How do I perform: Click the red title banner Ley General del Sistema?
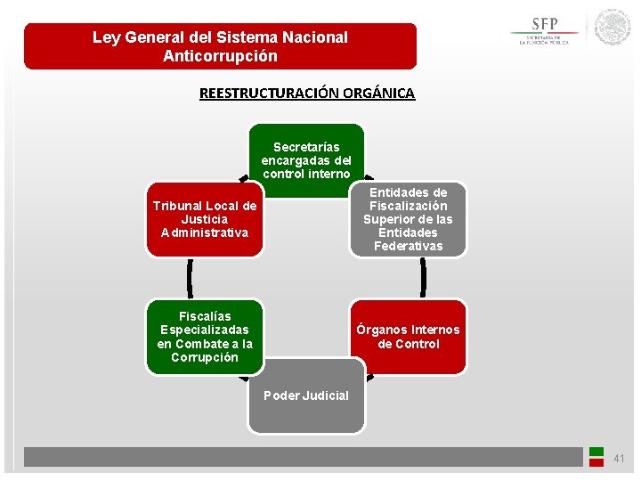click(220, 46)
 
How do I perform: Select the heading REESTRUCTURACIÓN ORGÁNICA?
click(307, 93)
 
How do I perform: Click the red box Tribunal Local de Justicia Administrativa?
click(205, 219)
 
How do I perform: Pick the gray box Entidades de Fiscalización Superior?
click(408, 219)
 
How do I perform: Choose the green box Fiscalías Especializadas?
click(205, 336)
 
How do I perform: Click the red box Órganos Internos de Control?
click(408, 337)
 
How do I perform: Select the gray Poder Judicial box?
click(306, 395)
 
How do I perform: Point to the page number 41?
click(620, 459)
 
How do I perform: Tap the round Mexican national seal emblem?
click(613, 28)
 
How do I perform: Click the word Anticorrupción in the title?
click(220, 56)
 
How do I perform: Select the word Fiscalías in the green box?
click(205, 316)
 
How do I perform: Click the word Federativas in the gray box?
click(408, 246)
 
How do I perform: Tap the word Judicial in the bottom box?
click(325, 395)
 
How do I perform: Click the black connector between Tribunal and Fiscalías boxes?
click(190, 278)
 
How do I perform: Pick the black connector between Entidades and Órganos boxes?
click(423, 278)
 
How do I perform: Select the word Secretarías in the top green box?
click(306, 147)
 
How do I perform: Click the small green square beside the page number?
click(596, 452)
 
